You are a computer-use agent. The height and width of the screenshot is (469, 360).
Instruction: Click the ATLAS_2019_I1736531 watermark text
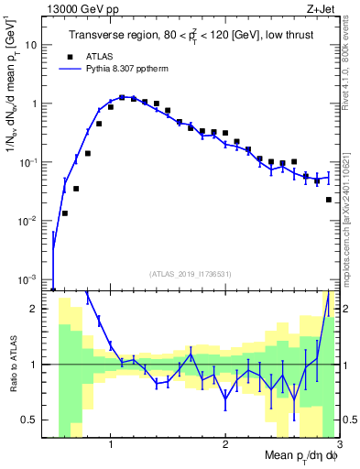pos(191,273)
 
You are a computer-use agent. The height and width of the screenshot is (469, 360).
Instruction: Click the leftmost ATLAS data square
pos(64,213)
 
